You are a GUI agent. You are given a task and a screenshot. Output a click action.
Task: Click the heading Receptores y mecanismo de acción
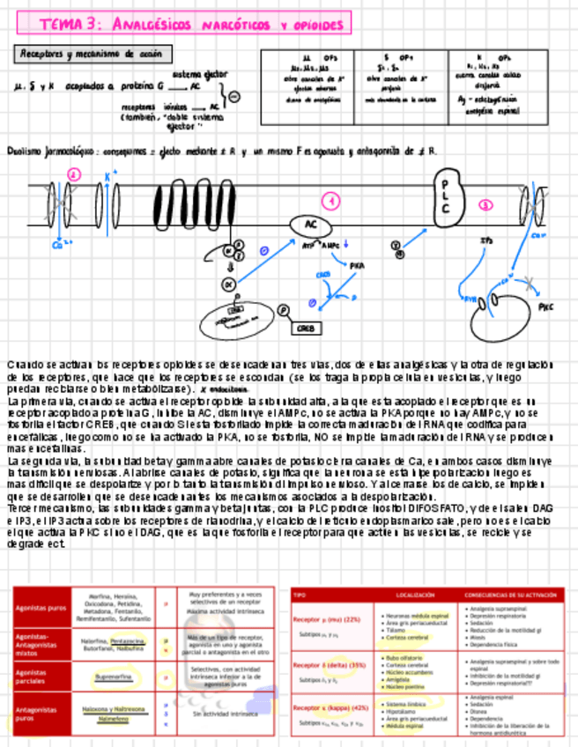coord(91,55)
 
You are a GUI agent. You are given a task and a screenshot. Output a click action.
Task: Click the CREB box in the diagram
coord(306,329)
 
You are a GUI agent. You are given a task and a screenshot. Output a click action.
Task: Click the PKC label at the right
coord(545,308)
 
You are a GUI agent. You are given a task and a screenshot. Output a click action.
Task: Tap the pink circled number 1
coord(331,202)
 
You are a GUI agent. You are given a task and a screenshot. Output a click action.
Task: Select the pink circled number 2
coord(74,176)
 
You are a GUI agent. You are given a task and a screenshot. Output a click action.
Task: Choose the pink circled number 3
coord(486,205)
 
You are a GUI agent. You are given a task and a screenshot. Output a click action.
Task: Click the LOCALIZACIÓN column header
coord(415,595)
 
